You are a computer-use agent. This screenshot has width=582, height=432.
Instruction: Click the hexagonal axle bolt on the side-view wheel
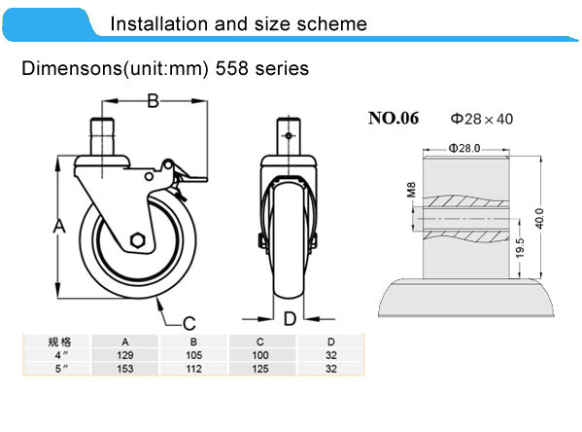point(138,240)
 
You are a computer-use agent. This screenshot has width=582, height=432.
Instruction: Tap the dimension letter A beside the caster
point(59,226)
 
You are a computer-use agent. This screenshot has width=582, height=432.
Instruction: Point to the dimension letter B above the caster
point(153,101)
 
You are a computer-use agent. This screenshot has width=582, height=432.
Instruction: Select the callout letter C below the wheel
point(189,323)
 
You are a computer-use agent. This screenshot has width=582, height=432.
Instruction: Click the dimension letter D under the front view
point(290,318)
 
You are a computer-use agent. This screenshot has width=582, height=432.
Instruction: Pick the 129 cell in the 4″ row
point(125,355)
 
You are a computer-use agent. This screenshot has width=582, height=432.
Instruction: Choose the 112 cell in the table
point(193,369)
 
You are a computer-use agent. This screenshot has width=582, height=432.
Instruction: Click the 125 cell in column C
point(260,369)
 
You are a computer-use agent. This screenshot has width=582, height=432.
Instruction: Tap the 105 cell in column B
point(193,355)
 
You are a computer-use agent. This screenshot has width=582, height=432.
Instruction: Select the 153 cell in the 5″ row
point(125,369)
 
